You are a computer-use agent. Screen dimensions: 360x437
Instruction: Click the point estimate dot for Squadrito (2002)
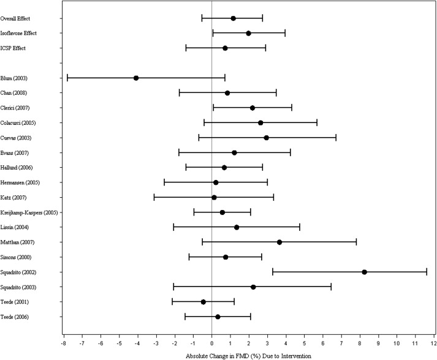pyautogui.click(x=364, y=272)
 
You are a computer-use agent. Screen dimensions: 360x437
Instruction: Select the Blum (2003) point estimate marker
pyautogui.click(x=136, y=78)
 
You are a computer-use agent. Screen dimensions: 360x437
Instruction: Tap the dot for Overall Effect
pyautogui.click(x=233, y=18)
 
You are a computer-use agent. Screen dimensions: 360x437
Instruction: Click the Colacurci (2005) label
pyautogui.click(x=21, y=122)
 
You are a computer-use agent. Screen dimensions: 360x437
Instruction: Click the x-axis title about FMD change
pyautogui.click(x=248, y=354)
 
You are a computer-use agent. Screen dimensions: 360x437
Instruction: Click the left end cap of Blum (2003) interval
pyautogui.click(x=67, y=78)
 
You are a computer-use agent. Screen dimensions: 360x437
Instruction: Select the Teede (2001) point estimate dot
pyautogui.click(x=203, y=302)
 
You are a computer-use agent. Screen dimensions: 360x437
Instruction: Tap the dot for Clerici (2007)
pyautogui.click(x=253, y=108)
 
